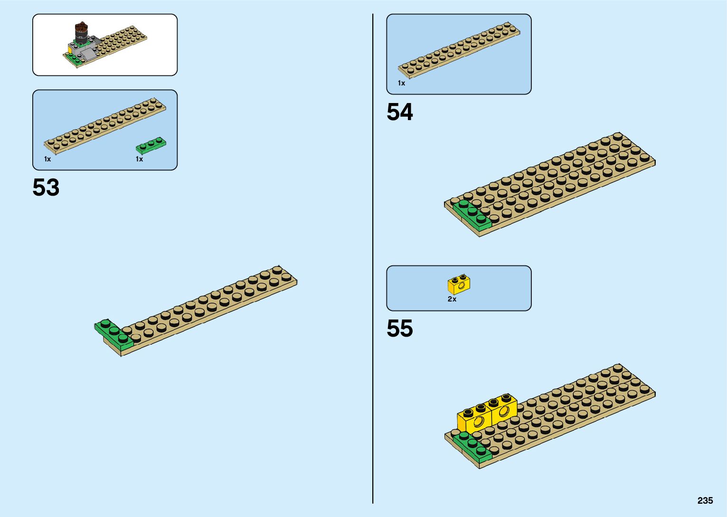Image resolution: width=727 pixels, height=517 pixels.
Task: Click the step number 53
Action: point(46,188)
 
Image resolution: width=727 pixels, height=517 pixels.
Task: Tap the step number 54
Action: point(400,113)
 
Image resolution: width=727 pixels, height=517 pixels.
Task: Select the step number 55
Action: point(400,329)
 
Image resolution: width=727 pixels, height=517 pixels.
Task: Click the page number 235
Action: point(705,501)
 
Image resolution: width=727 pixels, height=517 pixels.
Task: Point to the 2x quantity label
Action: point(452,299)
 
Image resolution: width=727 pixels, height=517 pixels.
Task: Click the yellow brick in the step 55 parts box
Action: point(459,284)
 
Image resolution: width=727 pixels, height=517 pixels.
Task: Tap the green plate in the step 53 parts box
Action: point(151,145)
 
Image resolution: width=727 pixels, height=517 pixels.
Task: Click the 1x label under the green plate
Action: point(139,159)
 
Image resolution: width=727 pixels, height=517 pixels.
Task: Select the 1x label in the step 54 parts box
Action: point(402,83)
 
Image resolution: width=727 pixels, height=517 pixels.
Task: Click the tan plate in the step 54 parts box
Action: point(459,49)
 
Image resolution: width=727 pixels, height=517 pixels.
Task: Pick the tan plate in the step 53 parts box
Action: point(105,126)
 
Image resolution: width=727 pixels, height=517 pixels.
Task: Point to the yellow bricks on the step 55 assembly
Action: point(487,413)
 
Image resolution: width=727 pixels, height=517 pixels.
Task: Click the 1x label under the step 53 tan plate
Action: point(47,159)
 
